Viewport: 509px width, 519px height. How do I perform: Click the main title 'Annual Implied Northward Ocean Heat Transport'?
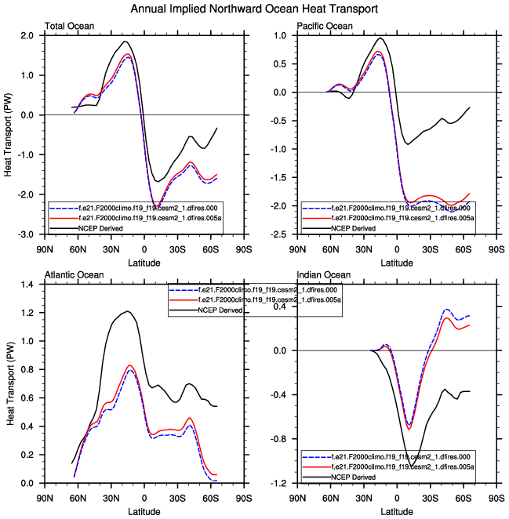(254, 9)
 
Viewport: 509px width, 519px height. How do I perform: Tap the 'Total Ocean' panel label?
(70, 27)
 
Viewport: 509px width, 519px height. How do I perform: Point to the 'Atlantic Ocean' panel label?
(73, 275)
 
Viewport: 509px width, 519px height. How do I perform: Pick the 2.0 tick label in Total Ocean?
(26, 36)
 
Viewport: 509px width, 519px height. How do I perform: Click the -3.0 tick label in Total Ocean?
(24, 234)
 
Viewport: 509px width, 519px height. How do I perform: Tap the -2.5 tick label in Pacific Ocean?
(278, 234)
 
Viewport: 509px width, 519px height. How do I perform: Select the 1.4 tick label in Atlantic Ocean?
(26, 285)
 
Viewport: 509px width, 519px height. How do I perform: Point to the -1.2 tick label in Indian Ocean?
(278, 483)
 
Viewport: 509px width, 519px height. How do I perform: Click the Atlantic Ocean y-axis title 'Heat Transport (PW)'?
(9, 383)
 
